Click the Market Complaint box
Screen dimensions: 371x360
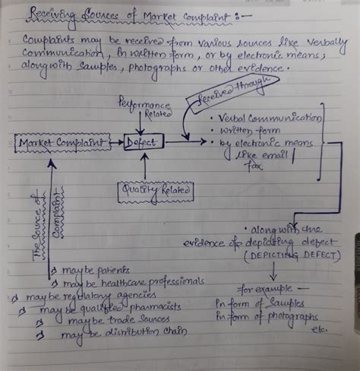click(x=50, y=142)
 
